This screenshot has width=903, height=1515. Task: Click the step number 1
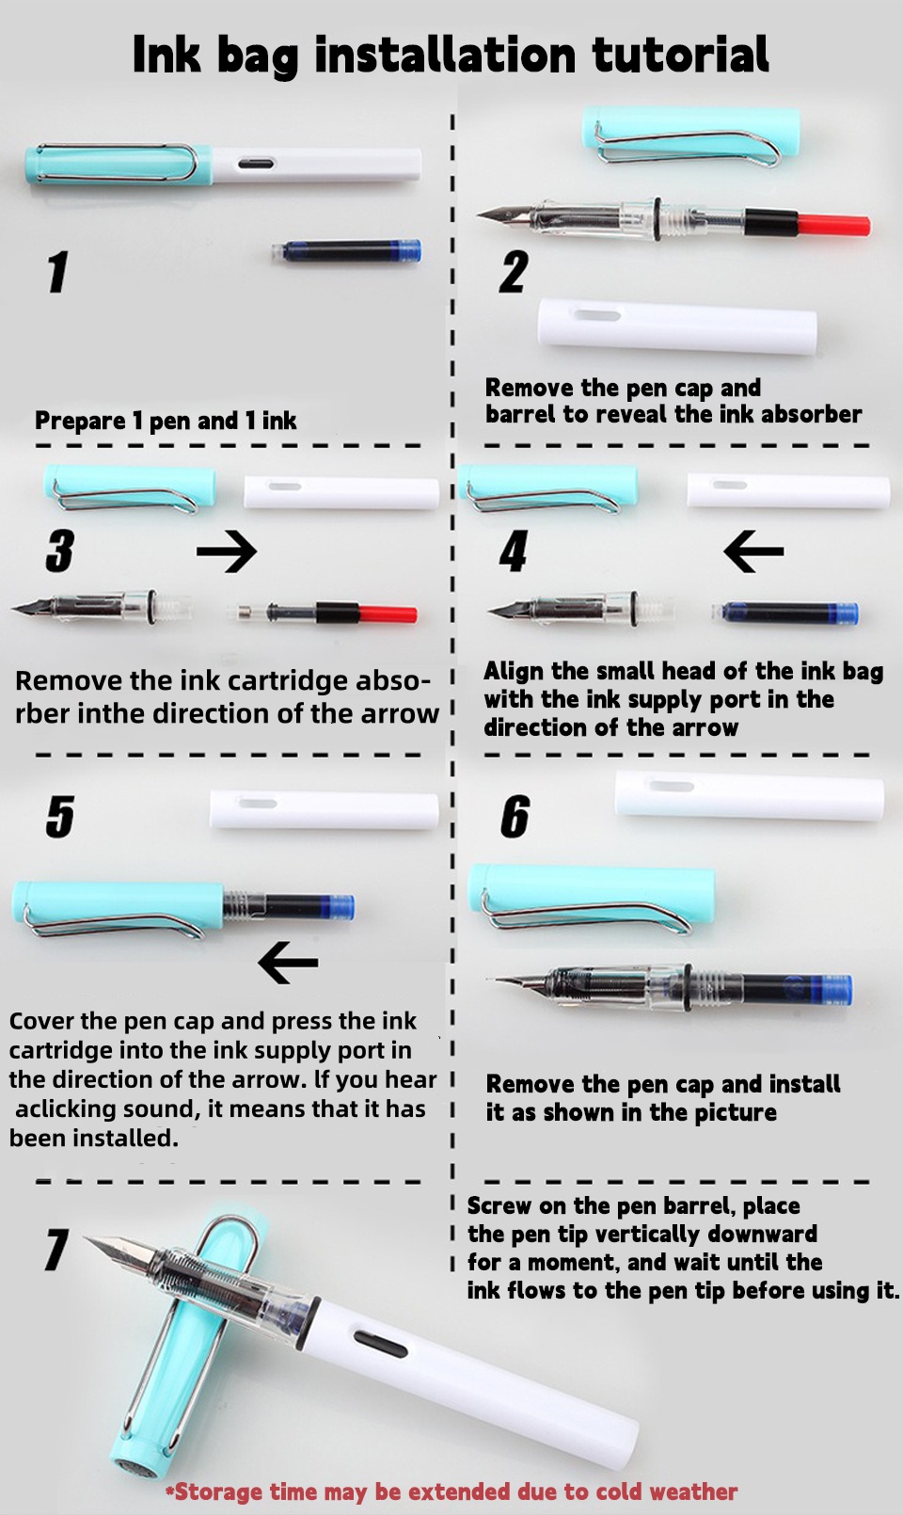pyautogui.click(x=58, y=272)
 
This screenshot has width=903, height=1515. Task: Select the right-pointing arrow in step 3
pyautogui.click(x=227, y=552)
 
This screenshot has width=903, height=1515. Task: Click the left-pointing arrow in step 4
pyautogui.click(x=753, y=551)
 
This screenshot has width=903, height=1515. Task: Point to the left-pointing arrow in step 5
pyautogui.click(x=288, y=963)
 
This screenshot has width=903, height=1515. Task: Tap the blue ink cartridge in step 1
pyautogui.click(x=347, y=251)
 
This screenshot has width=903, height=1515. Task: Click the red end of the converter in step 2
pyautogui.click(x=832, y=225)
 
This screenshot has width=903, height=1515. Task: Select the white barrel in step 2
pyautogui.click(x=677, y=327)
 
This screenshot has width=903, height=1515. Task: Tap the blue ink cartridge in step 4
pyautogui.click(x=786, y=614)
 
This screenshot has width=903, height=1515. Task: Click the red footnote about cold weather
pyautogui.click(x=451, y=1491)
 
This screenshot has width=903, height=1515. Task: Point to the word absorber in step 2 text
pyautogui.click(x=811, y=415)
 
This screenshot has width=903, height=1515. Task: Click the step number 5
pyautogui.click(x=60, y=816)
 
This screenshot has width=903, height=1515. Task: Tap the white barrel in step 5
pyautogui.click(x=324, y=810)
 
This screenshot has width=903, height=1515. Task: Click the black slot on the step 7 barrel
pyautogui.click(x=381, y=1344)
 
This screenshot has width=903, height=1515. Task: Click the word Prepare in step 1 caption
pyautogui.click(x=80, y=422)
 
